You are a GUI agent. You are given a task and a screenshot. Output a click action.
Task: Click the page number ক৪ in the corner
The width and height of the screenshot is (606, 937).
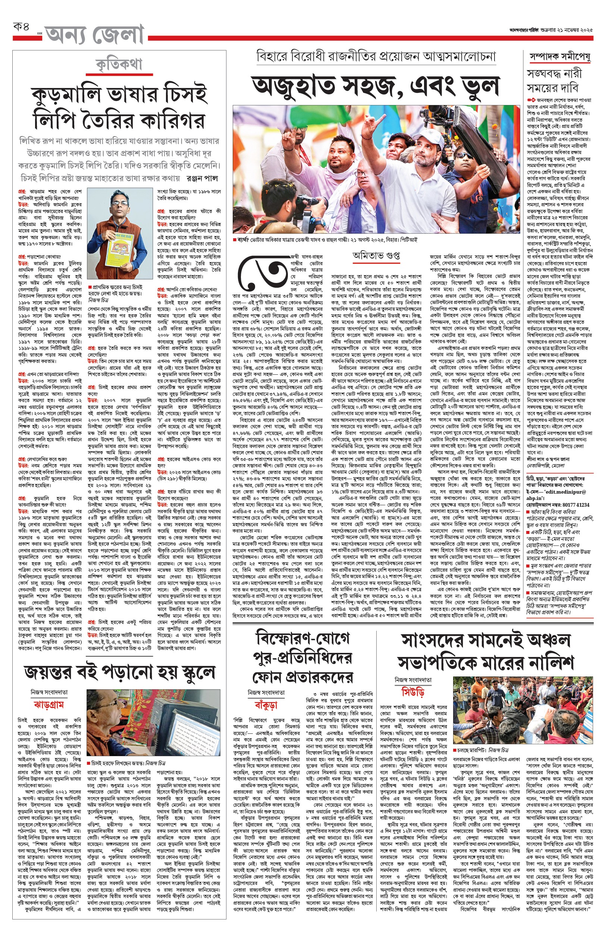pos(21,28)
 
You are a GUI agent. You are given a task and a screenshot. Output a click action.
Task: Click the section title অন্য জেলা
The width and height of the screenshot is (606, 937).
pos(95,35)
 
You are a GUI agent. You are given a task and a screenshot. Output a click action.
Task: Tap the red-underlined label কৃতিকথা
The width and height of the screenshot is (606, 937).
pos(119,65)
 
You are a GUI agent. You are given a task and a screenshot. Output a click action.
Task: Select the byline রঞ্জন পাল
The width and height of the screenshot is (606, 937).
pos(202,178)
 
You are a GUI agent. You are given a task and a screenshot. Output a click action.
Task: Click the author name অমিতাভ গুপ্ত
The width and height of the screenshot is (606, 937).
pos(376,256)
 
